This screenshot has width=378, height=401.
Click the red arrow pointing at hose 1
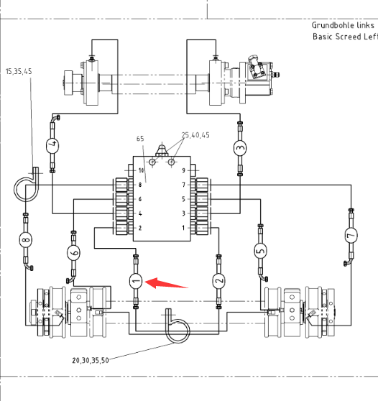[x=166, y=283]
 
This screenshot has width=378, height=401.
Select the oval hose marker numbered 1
[x=136, y=281]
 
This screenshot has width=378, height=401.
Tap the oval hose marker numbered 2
[x=218, y=281]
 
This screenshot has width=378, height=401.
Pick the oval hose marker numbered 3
[x=240, y=148]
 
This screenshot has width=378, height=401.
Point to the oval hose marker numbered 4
[x=52, y=145]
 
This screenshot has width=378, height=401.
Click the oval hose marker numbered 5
[x=261, y=252]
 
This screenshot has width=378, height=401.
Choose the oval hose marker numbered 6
[x=73, y=253]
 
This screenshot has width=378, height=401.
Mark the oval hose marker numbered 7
[x=351, y=235]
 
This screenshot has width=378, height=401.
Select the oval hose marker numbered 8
[x=26, y=240]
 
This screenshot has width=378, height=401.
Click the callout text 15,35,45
[x=19, y=71]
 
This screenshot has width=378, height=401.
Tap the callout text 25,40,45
[x=195, y=135]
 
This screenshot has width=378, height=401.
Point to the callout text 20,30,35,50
[x=91, y=360]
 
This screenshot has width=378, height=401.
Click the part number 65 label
[x=140, y=139]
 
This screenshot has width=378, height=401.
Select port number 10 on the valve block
[x=141, y=170]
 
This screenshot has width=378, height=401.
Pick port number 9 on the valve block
[x=183, y=170]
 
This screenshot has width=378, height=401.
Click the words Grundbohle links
[x=343, y=25]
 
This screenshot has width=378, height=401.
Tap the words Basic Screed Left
[x=345, y=37]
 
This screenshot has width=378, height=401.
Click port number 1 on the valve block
[x=183, y=228]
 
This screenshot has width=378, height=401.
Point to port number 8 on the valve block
[x=140, y=185]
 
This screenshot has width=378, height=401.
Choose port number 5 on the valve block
[x=183, y=199]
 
